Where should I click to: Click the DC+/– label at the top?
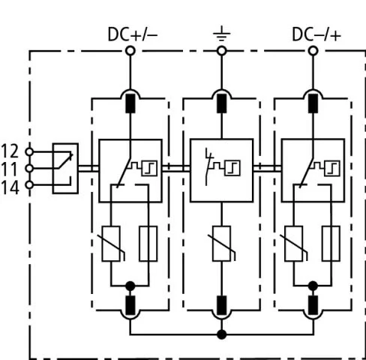[133, 34]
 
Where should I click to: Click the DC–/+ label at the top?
[316, 34]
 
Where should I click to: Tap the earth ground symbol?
[221, 34]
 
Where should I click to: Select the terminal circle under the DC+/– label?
[130, 51]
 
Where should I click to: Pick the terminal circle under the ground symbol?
[221, 51]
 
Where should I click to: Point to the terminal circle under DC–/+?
[313, 51]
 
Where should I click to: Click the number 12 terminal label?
[10, 151]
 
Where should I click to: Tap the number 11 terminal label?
[10, 169]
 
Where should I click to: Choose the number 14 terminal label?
[10, 187]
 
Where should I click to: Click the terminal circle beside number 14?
[29, 185]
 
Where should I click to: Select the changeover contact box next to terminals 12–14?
[65, 168]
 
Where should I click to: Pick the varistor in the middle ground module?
[221, 244]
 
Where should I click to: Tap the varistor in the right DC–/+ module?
[294, 244]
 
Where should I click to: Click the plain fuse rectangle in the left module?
[148, 244]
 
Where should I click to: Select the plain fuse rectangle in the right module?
[331, 244]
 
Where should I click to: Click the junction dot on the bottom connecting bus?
[221, 334]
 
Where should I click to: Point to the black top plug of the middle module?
[221, 103]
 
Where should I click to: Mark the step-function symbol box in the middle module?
[232, 168]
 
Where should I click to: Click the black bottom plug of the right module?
[313, 305]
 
